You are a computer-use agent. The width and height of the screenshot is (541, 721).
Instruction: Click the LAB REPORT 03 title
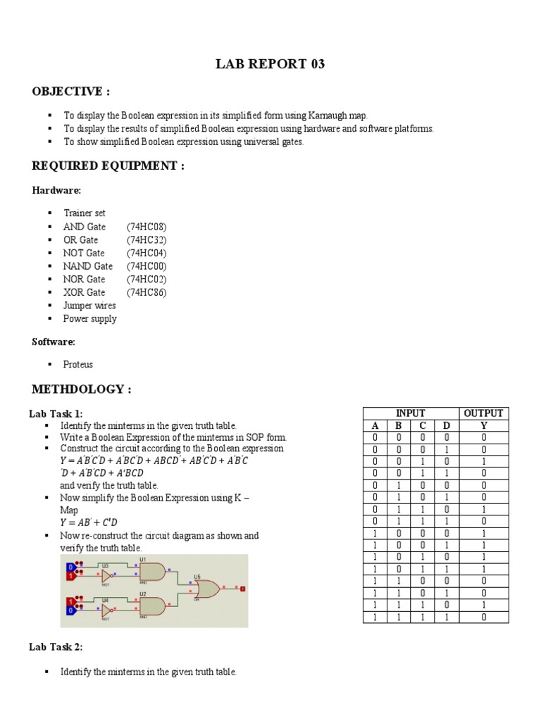(270, 65)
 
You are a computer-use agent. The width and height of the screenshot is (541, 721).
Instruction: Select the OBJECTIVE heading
(71, 92)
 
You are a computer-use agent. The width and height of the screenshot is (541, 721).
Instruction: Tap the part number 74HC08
(147, 227)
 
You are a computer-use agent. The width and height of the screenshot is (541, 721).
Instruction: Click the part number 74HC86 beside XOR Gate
(147, 292)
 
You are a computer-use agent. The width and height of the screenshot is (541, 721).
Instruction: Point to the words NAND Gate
(87, 266)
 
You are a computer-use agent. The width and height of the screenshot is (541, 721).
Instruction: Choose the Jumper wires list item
(89, 306)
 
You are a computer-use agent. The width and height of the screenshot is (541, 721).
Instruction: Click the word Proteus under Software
(78, 365)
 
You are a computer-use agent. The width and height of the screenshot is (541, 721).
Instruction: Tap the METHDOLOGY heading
(81, 390)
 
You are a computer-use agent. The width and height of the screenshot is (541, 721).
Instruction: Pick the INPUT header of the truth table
(410, 413)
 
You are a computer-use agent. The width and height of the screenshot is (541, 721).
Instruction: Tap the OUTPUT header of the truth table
(483, 413)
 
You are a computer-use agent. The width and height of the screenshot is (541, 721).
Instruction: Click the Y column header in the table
(483, 425)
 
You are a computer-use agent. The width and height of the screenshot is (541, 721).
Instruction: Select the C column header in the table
(422, 425)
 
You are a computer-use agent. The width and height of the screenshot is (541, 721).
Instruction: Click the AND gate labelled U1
(152, 572)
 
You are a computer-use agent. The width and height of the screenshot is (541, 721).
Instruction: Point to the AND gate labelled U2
(152, 606)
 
